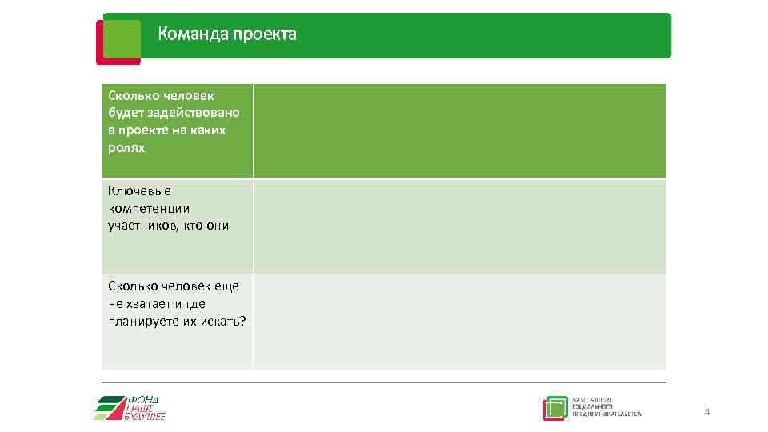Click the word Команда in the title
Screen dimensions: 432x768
click(x=192, y=34)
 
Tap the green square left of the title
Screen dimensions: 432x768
click(x=122, y=38)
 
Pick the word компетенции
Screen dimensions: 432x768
click(x=150, y=208)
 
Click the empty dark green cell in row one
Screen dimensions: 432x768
click(x=458, y=130)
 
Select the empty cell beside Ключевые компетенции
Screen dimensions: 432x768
click(x=458, y=226)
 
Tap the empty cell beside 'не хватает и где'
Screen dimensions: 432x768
click(x=458, y=322)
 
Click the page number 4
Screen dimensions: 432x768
click(x=706, y=412)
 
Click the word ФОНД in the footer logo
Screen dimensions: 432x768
click(x=145, y=399)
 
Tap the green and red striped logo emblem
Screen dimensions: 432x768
click(x=110, y=408)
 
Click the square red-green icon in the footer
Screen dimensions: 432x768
click(x=555, y=409)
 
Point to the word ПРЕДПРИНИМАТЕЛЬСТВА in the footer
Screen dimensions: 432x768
click(x=606, y=414)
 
